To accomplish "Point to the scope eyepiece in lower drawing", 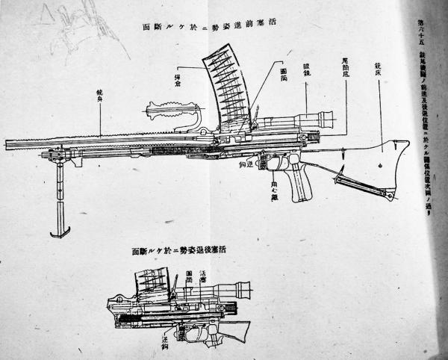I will click(247, 291).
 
